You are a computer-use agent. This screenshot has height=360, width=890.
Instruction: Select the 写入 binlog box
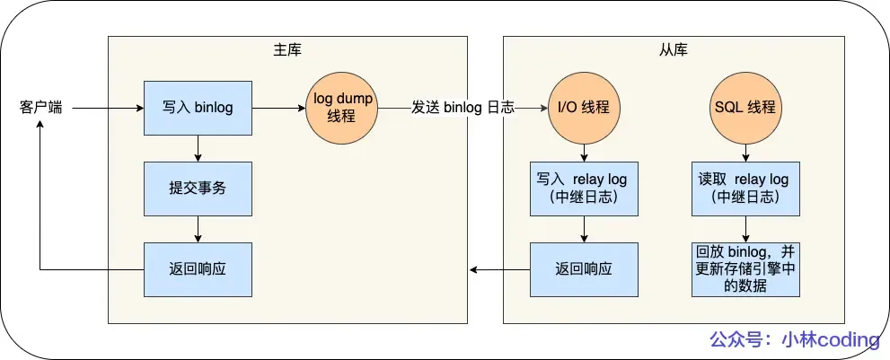[198, 108]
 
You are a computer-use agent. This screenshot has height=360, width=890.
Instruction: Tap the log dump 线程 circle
[342, 108]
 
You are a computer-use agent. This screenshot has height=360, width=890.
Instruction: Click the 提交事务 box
[198, 189]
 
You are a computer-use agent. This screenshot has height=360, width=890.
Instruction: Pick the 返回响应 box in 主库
[198, 269]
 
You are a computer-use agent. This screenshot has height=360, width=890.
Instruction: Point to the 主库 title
[287, 48]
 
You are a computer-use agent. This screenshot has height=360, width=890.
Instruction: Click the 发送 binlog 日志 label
[463, 108]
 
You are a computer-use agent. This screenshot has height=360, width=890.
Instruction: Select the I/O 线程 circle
[584, 108]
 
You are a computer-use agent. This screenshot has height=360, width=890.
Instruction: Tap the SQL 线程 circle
[745, 108]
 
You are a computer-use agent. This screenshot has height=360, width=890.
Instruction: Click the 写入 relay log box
[584, 189]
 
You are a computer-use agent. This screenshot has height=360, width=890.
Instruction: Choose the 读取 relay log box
[745, 189]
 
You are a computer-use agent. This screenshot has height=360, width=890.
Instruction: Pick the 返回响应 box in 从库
[584, 269]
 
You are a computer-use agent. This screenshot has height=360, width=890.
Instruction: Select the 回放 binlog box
[745, 269]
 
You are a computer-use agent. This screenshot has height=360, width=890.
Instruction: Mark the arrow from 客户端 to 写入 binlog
[108, 108]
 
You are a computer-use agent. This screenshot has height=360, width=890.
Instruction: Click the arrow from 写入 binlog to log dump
[278, 108]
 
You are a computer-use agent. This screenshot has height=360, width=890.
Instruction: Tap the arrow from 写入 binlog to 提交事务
[198, 148]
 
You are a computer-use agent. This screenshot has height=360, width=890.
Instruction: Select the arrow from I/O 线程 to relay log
[584, 153]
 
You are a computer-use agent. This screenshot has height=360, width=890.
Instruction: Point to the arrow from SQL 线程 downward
[745, 153]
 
